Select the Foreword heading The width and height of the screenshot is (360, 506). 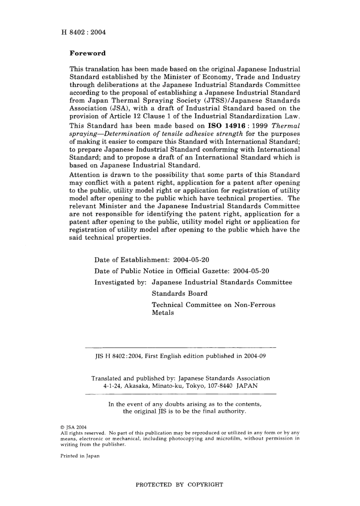tap(88, 53)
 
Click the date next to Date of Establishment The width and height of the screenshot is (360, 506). tap(191, 260)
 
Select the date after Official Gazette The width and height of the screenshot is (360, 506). tap(251, 271)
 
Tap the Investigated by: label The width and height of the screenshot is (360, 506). tap(121, 282)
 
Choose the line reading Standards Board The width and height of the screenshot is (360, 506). tap(180, 294)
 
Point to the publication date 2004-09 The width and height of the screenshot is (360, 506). tap(255, 356)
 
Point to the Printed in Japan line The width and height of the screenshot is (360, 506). tap(80, 456)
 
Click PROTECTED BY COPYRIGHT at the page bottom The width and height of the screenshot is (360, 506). tap(179, 484)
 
